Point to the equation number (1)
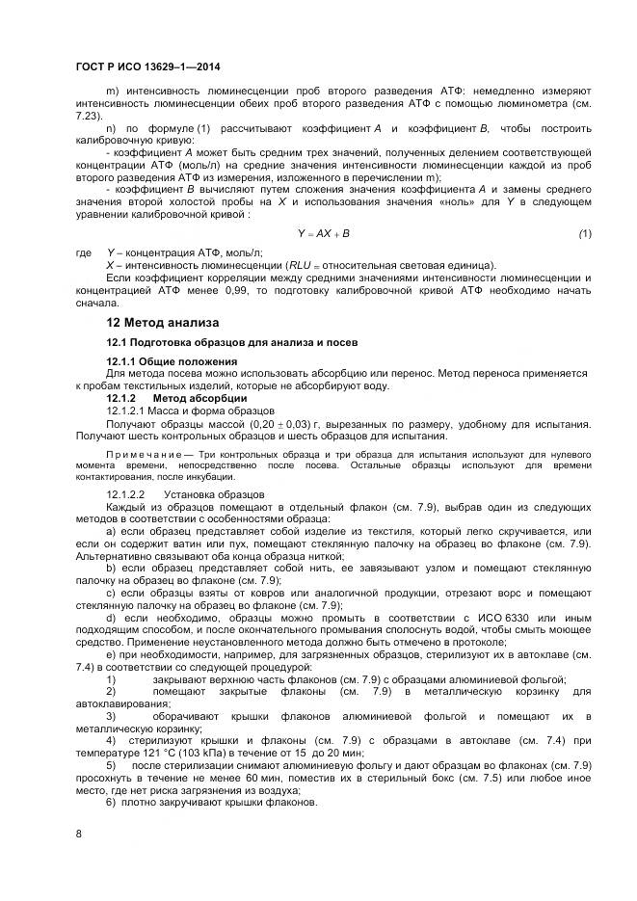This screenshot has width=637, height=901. (585, 234)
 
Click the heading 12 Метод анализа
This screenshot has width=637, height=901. (163, 322)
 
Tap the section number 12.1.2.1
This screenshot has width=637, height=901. (129, 411)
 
